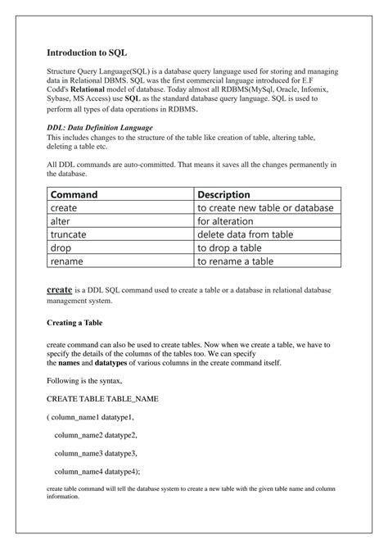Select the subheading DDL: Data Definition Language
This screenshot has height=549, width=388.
[x=98, y=128]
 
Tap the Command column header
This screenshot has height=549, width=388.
[x=74, y=195]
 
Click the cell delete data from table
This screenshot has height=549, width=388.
[x=245, y=234]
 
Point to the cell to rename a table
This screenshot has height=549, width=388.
[x=235, y=261]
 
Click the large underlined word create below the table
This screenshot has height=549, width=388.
[x=60, y=290]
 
